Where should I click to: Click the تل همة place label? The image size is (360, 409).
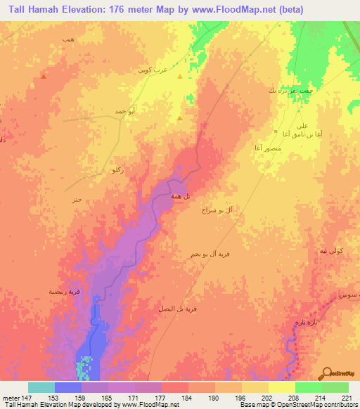177,197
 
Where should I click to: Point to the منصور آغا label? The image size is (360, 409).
269,148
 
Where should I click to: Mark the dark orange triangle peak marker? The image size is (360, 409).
44,77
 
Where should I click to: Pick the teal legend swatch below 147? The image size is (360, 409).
41,387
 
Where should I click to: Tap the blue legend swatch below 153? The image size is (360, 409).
68,387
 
